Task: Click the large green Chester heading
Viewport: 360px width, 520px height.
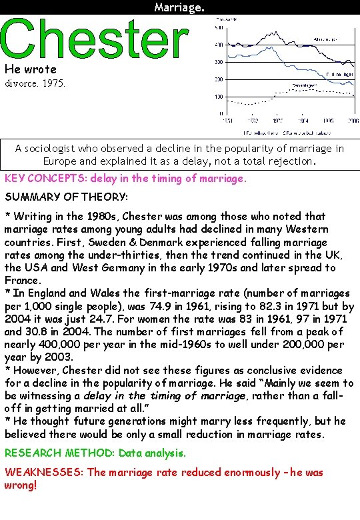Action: coord(94,39)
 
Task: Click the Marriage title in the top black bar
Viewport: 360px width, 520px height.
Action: coord(179,7)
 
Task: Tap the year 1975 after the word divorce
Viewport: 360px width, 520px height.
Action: coord(52,85)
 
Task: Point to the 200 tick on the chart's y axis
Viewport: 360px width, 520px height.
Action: coord(218,79)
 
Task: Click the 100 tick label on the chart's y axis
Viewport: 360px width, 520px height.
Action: coord(218,97)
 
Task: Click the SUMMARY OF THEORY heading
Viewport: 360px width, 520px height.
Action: coord(65,197)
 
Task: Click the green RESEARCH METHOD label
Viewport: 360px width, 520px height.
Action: coord(59,453)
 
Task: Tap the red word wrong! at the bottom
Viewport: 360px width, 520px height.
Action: coord(21,485)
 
